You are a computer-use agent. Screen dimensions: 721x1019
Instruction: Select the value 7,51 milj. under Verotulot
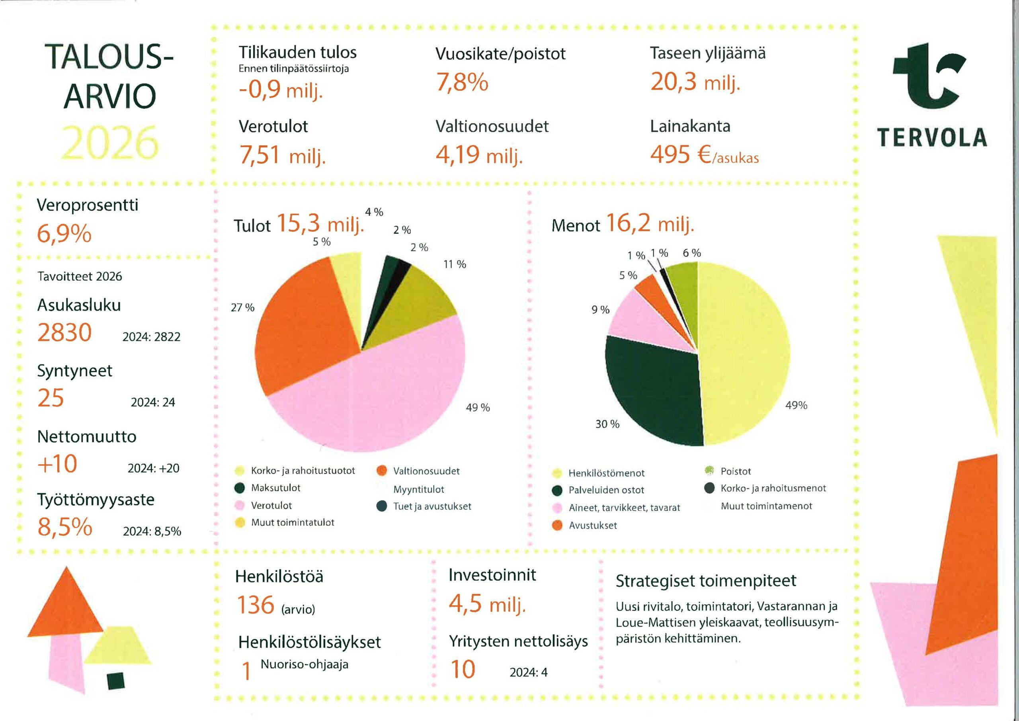[x=283, y=155]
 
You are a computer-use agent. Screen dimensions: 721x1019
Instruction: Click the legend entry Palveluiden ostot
[x=606, y=490]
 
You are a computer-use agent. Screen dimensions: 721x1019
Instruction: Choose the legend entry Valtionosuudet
[x=426, y=471]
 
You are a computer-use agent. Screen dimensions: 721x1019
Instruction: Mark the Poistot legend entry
[x=736, y=471]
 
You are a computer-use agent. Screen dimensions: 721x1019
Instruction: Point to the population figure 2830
[x=65, y=332]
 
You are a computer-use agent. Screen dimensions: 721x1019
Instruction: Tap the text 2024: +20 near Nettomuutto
[x=154, y=468]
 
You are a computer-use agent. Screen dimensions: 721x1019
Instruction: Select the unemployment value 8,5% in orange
[x=65, y=527]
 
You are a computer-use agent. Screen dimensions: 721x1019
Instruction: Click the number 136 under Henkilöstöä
[x=256, y=605]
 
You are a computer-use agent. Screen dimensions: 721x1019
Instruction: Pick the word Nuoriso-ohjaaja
[x=304, y=664]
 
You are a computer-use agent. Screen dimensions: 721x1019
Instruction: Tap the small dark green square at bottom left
[x=116, y=681]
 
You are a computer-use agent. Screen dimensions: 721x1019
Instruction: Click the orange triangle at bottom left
[x=66, y=608]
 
